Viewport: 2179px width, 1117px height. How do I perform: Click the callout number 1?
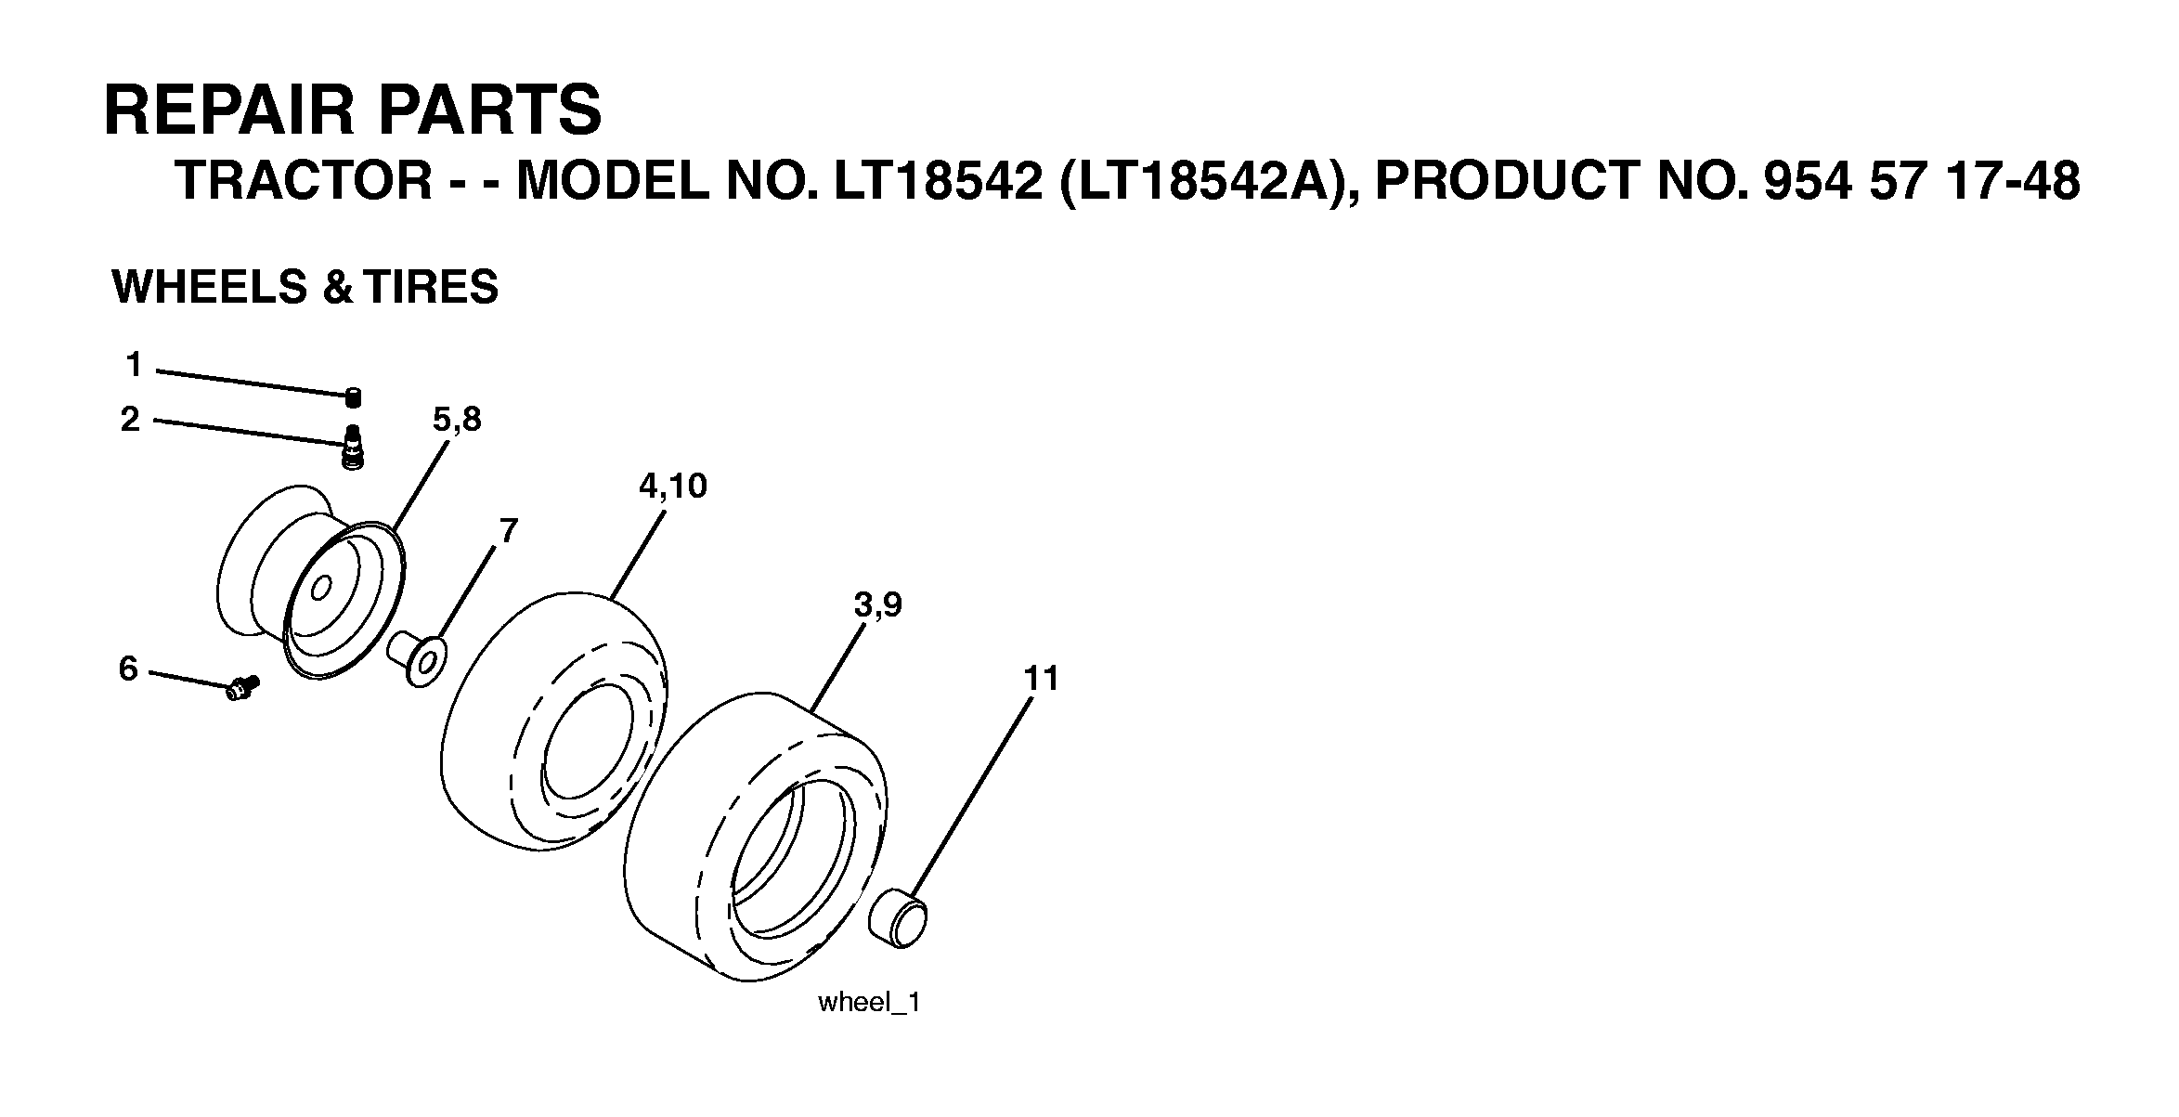coord(135,365)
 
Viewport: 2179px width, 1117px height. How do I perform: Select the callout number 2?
coord(131,420)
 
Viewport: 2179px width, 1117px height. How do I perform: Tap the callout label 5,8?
coord(457,420)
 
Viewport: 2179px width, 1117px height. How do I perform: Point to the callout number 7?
coord(508,530)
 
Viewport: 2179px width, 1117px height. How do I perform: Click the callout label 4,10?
coord(673,485)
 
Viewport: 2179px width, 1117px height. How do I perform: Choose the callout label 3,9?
coord(877,605)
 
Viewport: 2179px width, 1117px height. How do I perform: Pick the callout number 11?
coord(1042,679)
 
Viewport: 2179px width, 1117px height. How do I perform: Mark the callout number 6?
coord(129,668)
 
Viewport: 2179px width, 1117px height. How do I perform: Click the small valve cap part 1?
coord(352,397)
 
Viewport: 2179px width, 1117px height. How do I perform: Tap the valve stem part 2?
coord(353,448)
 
